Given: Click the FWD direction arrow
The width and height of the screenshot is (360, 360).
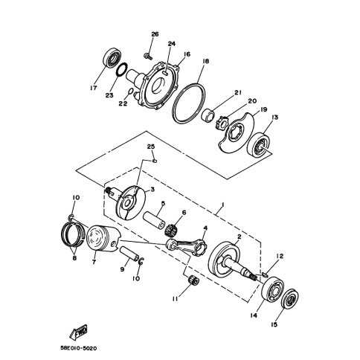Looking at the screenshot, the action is pyautogui.click(x=78, y=332).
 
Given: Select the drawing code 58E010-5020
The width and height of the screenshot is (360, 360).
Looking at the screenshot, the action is pyautogui.click(x=79, y=348).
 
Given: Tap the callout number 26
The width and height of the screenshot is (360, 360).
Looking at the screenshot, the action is pyautogui.click(x=155, y=34).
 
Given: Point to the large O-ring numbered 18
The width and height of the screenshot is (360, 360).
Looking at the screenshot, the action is pyautogui.click(x=189, y=103).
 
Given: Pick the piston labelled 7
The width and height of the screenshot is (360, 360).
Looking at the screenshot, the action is pyautogui.click(x=103, y=238).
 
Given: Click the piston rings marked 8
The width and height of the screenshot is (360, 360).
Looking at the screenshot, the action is pyautogui.click(x=71, y=234).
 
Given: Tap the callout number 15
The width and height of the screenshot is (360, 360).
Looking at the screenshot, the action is pyautogui.click(x=274, y=324).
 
